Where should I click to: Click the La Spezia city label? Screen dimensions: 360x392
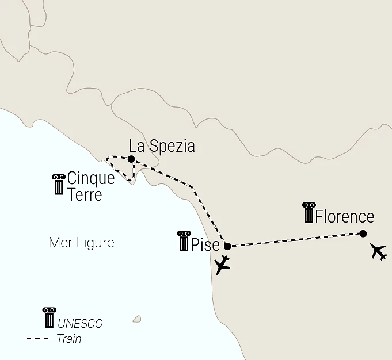pyautogui.click(x=162, y=146)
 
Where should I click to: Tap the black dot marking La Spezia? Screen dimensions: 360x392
pyautogui.click(x=131, y=159)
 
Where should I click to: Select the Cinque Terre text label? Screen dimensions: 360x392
pyautogui.click(x=90, y=186)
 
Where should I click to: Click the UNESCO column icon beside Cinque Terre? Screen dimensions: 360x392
pyautogui.click(x=58, y=184)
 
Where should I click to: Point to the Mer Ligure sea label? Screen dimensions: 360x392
pyautogui.click(x=81, y=243)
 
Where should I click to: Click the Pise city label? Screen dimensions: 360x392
pyautogui.click(x=205, y=244)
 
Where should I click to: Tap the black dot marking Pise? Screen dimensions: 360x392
pyautogui.click(x=227, y=246)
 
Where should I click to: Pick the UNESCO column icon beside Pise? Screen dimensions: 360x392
pyautogui.click(x=184, y=241)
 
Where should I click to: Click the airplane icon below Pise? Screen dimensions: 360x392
pyautogui.click(x=222, y=266)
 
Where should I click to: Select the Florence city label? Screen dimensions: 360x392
pyautogui.click(x=345, y=217)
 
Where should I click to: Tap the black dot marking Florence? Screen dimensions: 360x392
pyautogui.click(x=363, y=233)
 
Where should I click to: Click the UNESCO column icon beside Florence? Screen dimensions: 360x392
pyautogui.click(x=309, y=213)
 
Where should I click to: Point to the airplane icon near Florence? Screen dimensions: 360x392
pyautogui.click(x=378, y=251)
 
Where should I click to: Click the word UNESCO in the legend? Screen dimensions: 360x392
pyautogui.click(x=80, y=324)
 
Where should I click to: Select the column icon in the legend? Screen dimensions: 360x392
pyautogui.click(x=49, y=318)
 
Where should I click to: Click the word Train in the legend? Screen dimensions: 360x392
pyautogui.click(x=69, y=339)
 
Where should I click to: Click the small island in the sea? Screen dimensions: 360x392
pyautogui.click(x=136, y=319)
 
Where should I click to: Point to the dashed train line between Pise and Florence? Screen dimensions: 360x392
pyautogui.click(x=294, y=240)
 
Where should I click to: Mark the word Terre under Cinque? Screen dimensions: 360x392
pyautogui.click(x=85, y=194)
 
